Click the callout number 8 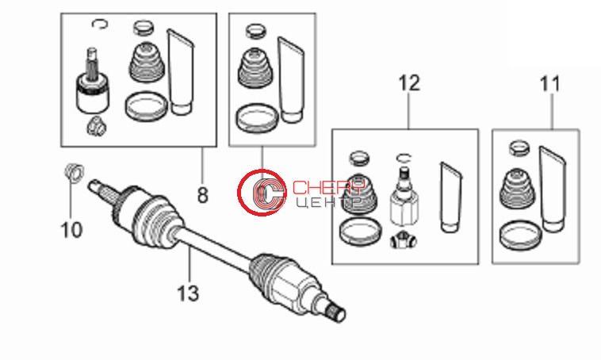202,195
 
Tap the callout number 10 71,230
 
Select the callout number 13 188,293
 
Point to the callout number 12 409,83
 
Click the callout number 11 549,84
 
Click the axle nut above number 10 74,172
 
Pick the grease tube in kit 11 552,189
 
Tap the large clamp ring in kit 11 520,235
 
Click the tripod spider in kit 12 404,240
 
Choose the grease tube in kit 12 450,197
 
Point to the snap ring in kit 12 404,158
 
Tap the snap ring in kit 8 100,24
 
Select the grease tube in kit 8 180,72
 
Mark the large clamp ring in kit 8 146,105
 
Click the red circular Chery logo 262,192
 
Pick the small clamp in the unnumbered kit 255,31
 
